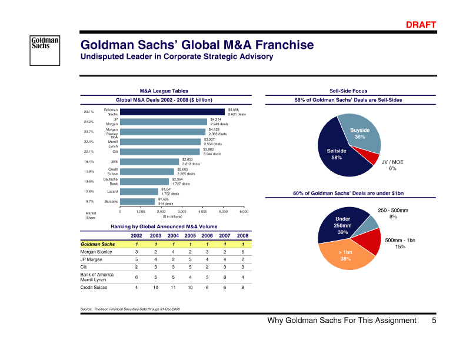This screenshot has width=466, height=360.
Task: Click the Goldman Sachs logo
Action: point(45,45)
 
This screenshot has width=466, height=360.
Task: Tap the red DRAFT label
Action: point(421,25)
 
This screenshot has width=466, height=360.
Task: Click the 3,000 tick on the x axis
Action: point(182,211)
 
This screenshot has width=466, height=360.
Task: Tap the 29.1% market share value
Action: point(89,112)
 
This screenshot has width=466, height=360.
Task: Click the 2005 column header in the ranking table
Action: point(189,235)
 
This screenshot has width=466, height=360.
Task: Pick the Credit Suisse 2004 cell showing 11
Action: point(173,288)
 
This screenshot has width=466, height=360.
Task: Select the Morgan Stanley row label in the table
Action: point(96,251)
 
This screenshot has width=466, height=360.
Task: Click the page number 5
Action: point(434,321)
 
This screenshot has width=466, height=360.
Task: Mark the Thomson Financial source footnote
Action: point(129,308)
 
